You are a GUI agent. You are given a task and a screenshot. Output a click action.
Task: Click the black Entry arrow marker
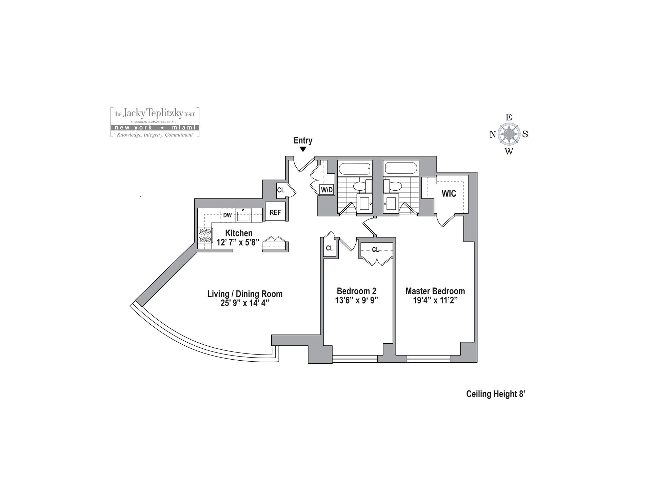[303, 149]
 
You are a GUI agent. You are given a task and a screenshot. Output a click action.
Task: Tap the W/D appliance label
[327, 190]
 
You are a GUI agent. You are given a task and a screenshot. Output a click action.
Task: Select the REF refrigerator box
[275, 212]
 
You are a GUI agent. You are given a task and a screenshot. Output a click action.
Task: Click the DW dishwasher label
[227, 215]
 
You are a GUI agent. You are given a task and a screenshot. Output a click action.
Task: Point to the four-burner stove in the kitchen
[205, 235]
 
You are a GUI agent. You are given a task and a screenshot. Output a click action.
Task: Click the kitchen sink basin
[243, 216]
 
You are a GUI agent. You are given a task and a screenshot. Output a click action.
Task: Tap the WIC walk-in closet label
[449, 194]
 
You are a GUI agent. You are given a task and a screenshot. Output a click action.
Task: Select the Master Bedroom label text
[435, 291]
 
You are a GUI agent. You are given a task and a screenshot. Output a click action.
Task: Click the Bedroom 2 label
[356, 291]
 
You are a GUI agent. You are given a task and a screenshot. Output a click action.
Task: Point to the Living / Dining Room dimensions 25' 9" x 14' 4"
[245, 303]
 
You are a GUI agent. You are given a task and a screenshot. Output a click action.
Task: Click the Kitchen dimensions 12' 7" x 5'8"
[238, 242]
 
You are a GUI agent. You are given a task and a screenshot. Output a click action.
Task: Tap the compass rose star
[509, 134]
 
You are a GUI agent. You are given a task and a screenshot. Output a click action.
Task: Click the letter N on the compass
[493, 135]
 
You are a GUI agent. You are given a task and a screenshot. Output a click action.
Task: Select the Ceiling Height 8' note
[495, 394]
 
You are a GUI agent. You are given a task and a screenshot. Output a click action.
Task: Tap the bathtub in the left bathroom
[355, 169]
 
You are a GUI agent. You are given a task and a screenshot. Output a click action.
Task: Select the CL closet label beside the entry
[281, 190]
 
